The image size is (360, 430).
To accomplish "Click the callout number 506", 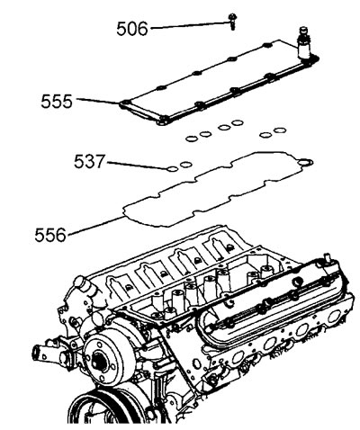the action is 132,29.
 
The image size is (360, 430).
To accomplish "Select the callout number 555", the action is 57,102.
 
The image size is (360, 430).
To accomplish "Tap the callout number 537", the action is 90,161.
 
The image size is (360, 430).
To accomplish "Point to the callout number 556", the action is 50,235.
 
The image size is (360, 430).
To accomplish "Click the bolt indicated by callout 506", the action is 232,21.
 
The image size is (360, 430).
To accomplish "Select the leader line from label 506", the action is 189,25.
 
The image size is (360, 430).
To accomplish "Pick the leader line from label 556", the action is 95,226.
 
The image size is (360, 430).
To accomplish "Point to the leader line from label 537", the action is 137,166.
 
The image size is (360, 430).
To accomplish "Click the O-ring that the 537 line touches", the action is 172,169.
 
